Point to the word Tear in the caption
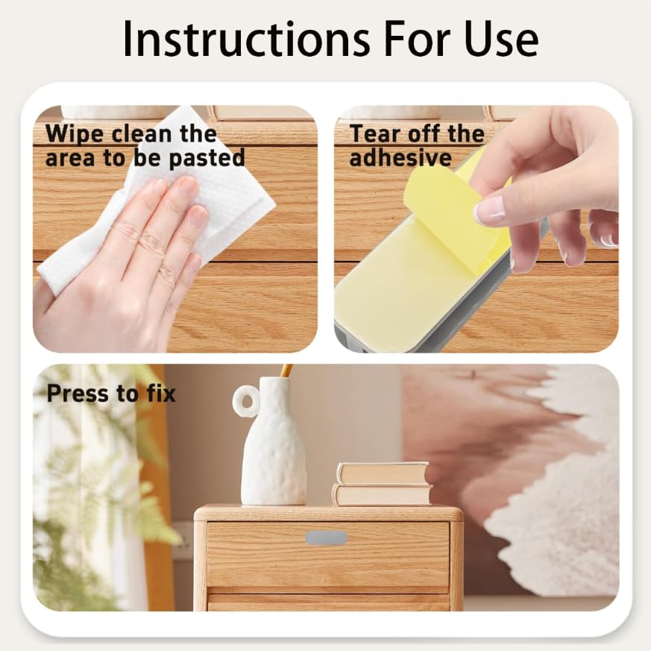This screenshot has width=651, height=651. (x=377, y=134)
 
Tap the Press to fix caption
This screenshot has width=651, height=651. (x=111, y=394)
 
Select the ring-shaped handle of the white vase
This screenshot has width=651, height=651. (x=245, y=402)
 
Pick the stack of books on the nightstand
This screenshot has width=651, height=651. (x=382, y=484)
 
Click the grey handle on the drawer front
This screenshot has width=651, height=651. (x=326, y=538)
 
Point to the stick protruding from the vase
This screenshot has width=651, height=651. (x=286, y=371)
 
